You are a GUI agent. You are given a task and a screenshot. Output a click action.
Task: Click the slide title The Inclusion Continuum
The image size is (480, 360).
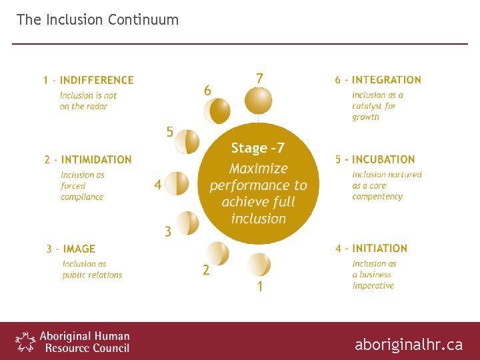(x=97, y=19)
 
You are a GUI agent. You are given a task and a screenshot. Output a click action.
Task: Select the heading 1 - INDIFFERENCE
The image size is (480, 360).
(x=89, y=80)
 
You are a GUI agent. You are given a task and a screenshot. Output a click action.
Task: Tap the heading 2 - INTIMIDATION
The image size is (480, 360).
(x=88, y=159)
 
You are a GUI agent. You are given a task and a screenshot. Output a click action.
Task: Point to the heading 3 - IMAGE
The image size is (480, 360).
(x=71, y=249)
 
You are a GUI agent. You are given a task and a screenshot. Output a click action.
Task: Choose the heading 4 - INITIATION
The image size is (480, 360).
(x=371, y=248)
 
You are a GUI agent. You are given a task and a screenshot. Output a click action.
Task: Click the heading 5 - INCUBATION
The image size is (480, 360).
(x=375, y=159)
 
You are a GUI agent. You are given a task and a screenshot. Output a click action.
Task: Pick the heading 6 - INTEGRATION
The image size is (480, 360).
(x=378, y=80)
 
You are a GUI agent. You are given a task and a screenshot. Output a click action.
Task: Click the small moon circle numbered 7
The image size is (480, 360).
(x=258, y=101)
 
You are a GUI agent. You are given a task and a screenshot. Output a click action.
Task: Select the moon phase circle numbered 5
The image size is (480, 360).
(x=187, y=141)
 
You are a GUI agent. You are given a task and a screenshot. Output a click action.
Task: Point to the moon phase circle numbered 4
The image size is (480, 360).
(x=177, y=183)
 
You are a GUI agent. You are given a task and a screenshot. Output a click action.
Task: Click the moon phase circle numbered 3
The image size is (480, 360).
(x=187, y=223)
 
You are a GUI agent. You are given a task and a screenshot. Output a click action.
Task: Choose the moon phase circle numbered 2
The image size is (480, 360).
(x=217, y=253)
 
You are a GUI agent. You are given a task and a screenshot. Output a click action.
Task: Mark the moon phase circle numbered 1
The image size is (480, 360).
(x=258, y=265)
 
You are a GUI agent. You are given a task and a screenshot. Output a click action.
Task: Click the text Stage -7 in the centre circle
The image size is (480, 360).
(x=257, y=148)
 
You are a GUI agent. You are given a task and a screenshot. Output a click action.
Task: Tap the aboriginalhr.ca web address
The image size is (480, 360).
(x=408, y=344)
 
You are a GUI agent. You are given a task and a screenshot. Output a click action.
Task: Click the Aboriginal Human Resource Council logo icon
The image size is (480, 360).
(x=25, y=341)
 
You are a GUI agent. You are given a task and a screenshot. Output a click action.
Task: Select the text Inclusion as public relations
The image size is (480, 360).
(x=92, y=269)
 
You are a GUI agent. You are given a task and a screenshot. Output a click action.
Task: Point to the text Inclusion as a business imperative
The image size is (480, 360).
(x=374, y=275)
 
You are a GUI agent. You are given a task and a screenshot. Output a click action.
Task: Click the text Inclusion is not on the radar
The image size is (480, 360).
(x=88, y=101)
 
